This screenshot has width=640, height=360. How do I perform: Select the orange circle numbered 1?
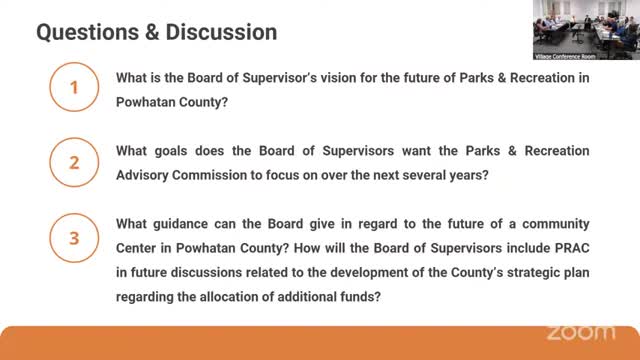coord(72,89)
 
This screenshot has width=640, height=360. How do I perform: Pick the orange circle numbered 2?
coord(72,163)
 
